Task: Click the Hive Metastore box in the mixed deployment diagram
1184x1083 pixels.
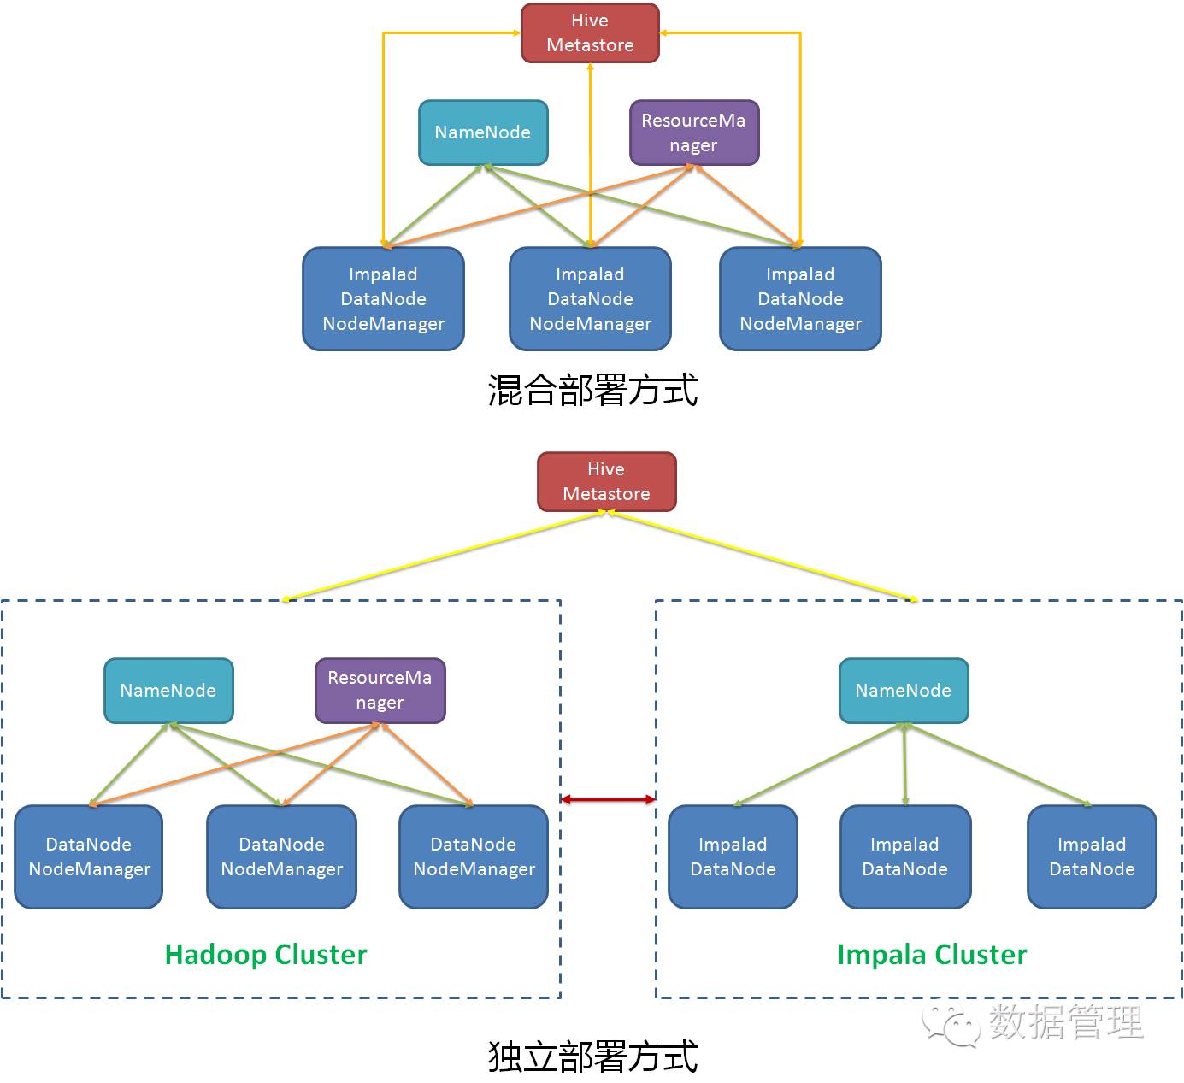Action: tap(590, 33)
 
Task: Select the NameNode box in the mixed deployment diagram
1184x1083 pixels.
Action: tap(483, 132)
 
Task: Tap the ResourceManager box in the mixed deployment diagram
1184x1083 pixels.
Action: tap(694, 132)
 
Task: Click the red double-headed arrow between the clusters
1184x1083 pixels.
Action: tap(608, 800)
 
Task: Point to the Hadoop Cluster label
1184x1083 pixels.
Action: tap(266, 955)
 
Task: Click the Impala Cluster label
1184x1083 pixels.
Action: tap(932, 955)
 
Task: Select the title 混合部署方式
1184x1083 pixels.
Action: tap(592, 390)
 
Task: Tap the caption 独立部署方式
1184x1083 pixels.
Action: tap(592, 1057)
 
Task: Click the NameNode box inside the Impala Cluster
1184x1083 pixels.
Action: tap(904, 691)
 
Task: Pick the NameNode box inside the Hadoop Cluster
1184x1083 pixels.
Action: tap(168, 691)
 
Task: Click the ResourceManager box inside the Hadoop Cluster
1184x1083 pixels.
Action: tap(380, 691)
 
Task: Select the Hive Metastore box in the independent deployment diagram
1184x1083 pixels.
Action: tap(607, 481)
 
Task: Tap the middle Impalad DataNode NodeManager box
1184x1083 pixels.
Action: tap(590, 298)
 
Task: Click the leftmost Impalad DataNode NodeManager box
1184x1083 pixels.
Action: tap(384, 298)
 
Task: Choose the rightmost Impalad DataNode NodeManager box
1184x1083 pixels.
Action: tap(800, 298)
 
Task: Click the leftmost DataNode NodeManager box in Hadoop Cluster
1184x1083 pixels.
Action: tap(89, 857)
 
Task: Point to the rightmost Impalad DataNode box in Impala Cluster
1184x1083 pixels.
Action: tap(1092, 857)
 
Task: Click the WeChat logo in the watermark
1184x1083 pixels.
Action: tap(951, 1025)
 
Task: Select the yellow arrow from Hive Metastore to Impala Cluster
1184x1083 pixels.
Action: tap(763, 556)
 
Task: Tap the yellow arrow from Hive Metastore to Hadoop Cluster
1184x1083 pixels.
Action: tap(444, 556)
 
